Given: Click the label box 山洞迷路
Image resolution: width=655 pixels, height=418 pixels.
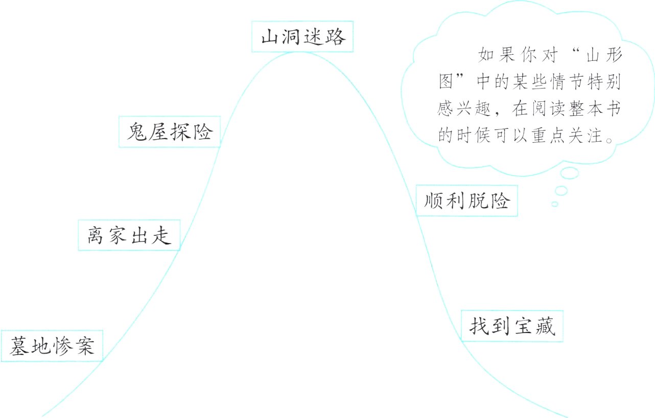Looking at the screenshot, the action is pyautogui.click(x=302, y=37).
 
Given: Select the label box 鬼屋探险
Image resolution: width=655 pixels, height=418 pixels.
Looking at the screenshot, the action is pyautogui.click(x=170, y=132).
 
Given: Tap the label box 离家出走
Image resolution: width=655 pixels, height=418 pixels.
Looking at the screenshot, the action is pyautogui.click(x=129, y=235).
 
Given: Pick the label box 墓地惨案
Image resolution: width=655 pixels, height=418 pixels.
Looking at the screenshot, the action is pyautogui.click(x=52, y=346).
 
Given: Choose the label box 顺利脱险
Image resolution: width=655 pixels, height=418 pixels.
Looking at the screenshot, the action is pyautogui.click(x=466, y=201).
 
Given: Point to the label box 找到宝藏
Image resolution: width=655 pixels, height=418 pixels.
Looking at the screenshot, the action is pyautogui.click(x=512, y=326).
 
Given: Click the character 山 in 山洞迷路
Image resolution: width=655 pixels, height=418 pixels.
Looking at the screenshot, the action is pyautogui.click(x=270, y=37).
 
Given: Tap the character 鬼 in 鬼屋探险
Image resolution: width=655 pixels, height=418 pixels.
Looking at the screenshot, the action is pyautogui.click(x=137, y=132).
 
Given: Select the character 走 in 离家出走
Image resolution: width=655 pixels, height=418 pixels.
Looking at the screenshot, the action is pyautogui.click(x=161, y=235).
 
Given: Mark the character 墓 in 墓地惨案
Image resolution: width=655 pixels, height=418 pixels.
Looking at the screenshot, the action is pyautogui.click(x=19, y=346).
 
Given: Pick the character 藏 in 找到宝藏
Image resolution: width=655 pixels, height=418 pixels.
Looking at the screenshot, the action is pyautogui.click(x=545, y=326).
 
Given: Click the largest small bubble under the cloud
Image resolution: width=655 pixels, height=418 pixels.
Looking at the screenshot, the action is pyautogui.click(x=569, y=173).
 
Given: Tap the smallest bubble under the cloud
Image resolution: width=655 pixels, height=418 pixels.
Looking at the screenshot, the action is pyautogui.click(x=554, y=204).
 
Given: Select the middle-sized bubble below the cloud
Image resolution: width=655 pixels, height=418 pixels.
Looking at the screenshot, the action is pyautogui.click(x=562, y=190).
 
